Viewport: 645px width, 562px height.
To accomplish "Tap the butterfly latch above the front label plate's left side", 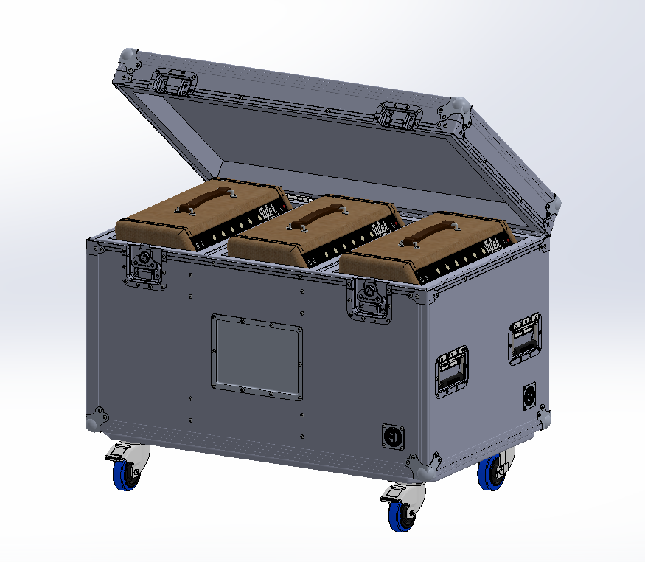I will click(x=143, y=263).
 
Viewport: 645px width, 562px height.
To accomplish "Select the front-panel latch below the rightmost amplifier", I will click(x=369, y=299).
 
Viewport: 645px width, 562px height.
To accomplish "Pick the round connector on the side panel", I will click(x=529, y=396).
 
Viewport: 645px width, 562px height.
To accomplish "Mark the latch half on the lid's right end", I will click(x=400, y=116).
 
